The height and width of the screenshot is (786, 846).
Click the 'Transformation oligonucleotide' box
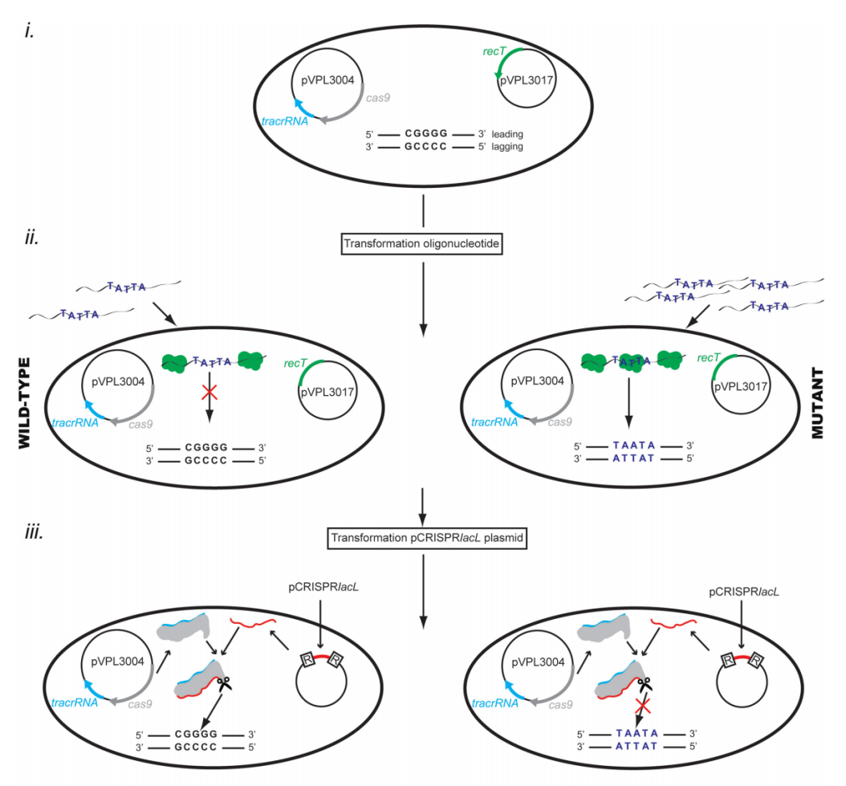coord(423,243)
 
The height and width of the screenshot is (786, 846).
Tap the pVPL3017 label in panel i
coord(523,82)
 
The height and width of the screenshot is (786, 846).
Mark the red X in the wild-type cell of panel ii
coord(210,393)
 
